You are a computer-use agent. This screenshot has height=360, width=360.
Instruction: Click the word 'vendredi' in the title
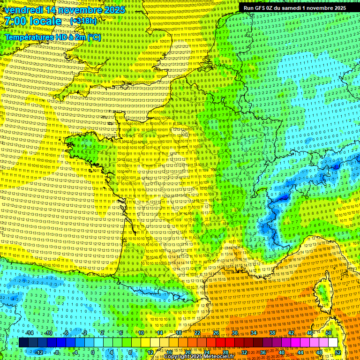click(22, 10)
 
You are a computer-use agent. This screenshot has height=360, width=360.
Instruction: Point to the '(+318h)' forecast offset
click(83, 21)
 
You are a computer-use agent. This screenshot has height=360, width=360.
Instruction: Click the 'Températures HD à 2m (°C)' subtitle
click(52, 37)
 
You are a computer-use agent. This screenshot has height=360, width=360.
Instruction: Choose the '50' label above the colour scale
click(329, 333)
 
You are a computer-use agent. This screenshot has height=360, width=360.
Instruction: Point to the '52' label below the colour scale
click(338, 352)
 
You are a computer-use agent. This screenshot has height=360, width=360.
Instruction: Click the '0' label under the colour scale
click(93, 352)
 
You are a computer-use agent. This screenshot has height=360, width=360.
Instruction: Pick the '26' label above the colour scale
click(216, 333)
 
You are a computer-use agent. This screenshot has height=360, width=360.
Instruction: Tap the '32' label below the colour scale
click(244, 352)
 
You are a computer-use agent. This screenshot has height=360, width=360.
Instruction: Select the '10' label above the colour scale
click(141, 333)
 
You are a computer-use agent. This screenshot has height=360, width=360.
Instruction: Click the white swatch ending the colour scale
click(333, 343)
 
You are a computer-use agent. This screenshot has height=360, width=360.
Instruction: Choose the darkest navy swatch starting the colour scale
click(23, 343)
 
